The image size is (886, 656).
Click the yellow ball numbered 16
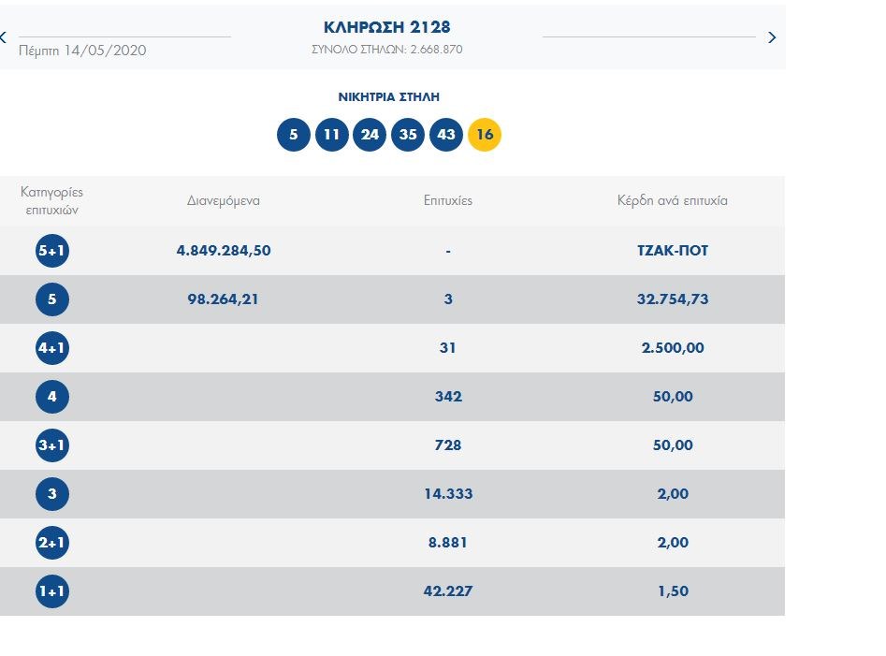click(x=485, y=135)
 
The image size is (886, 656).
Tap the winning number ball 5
click(x=293, y=135)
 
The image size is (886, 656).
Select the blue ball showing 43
click(x=446, y=135)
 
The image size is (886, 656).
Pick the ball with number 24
click(x=370, y=135)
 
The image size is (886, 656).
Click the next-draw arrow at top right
click(x=772, y=37)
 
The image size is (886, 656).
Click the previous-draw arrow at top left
click(x=4, y=37)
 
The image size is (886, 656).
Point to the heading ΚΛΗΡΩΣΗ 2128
click(x=387, y=27)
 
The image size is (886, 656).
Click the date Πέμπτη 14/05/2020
click(x=82, y=51)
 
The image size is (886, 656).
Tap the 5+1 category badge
click(x=52, y=251)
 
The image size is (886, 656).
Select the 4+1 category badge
click(x=52, y=348)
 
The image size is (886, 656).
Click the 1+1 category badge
click(x=52, y=591)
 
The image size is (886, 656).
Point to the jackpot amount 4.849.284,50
click(x=224, y=251)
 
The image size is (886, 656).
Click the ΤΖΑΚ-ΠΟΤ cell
click(x=672, y=251)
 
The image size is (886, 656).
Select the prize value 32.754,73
click(x=672, y=299)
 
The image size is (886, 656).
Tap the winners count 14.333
click(x=448, y=494)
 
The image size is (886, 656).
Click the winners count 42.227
click(x=448, y=591)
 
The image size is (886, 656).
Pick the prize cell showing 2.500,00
click(x=672, y=348)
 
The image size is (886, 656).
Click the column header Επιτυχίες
click(x=448, y=201)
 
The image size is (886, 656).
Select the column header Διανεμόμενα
click(x=223, y=201)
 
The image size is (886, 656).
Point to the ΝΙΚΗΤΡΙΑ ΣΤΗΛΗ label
click(x=388, y=96)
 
